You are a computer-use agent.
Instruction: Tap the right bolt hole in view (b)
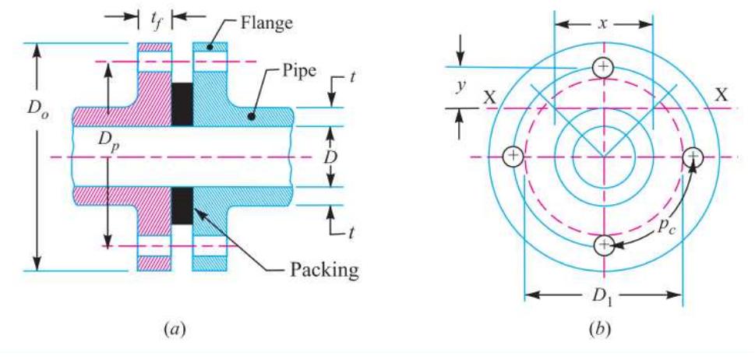coord(693,157)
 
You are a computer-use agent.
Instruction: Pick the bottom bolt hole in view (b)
coord(604,245)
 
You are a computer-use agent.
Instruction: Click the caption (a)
coord(173,330)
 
